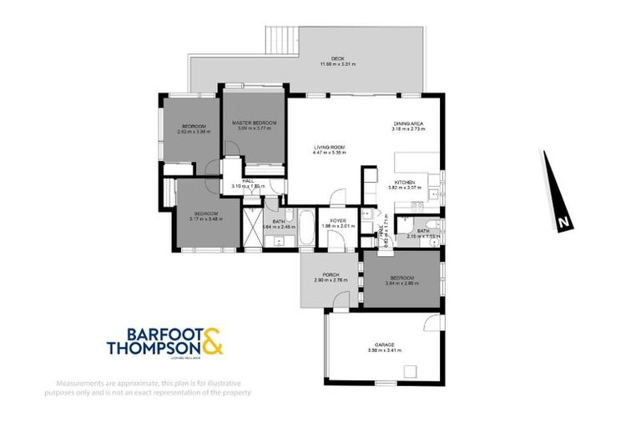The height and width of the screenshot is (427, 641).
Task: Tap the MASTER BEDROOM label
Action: (x=255, y=123)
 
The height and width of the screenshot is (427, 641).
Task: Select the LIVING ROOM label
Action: (x=329, y=148)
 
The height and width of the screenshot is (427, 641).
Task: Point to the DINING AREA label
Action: (x=410, y=124)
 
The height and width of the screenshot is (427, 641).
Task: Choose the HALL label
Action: (x=248, y=180)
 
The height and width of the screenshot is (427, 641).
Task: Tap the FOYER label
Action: (x=337, y=220)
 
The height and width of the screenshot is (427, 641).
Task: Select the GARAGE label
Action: (x=384, y=344)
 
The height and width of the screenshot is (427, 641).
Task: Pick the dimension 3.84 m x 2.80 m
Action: (x=400, y=284)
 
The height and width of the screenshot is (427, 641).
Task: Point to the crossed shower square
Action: (x=252, y=227)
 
